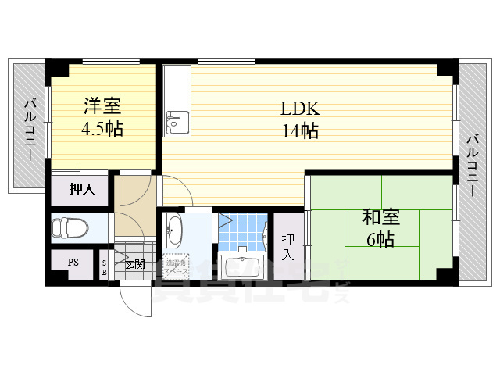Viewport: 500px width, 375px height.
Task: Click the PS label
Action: pos(73,262)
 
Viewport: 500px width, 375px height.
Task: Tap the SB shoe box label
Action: pos(105,266)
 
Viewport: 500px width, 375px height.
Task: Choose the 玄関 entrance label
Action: pos(134,264)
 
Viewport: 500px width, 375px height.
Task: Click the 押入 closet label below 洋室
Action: pos(81,188)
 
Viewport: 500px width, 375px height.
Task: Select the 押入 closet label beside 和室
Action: pos(287,246)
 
